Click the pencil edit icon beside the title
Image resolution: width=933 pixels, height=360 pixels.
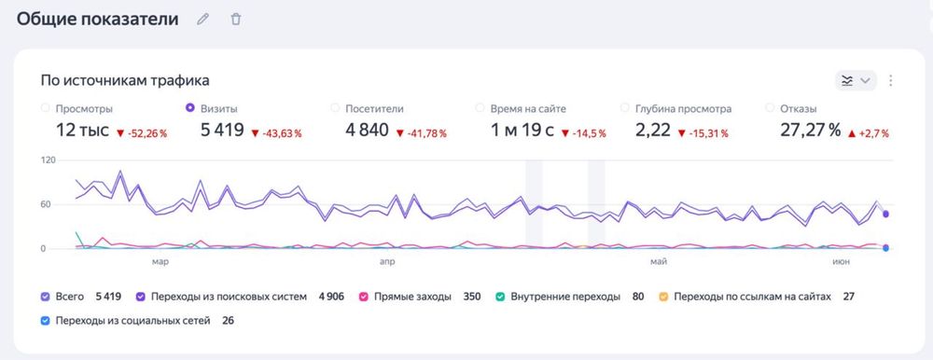pyautogui.click(x=203, y=19)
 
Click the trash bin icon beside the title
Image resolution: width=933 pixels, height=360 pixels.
pyautogui.click(x=236, y=19)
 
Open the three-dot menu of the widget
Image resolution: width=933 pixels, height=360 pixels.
pyautogui.click(x=891, y=80)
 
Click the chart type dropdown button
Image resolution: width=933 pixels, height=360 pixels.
pyautogui.click(x=856, y=80)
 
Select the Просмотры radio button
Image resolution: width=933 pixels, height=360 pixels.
pyautogui.click(x=46, y=108)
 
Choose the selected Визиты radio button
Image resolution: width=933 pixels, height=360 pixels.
pyautogui.click(x=191, y=108)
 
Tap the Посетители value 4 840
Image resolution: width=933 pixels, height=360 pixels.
pyautogui.click(x=367, y=131)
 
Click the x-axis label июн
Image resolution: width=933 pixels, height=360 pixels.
pyautogui.click(x=840, y=262)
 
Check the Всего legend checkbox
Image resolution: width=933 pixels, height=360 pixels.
pyautogui.click(x=46, y=297)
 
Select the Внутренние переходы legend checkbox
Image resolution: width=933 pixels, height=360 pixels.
pyautogui.click(x=500, y=297)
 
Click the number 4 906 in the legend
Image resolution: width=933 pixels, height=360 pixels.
pyautogui.click(x=330, y=297)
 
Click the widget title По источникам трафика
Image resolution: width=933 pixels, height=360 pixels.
pyautogui.click(x=125, y=80)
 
